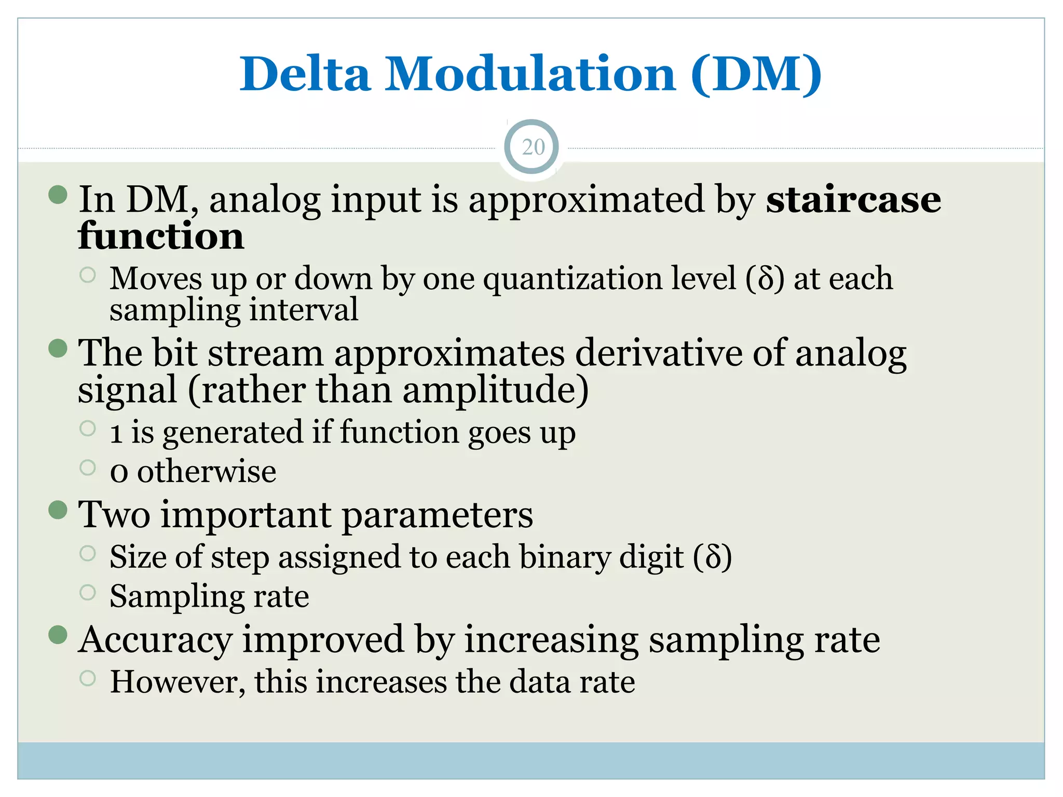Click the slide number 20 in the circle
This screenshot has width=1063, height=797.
click(533, 147)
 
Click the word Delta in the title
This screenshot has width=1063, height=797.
click(305, 74)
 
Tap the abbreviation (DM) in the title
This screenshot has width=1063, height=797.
click(756, 74)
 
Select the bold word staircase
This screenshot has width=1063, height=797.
click(853, 200)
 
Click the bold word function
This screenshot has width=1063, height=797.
click(161, 237)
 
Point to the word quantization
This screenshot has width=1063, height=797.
click(609, 279)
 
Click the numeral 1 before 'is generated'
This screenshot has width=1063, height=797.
click(116, 433)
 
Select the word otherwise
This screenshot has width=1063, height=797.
click(207, 472)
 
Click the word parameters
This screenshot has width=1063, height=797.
click(438, 515)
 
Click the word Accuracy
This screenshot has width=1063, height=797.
click(155, 639)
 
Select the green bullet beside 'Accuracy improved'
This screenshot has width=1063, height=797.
click(58, 635)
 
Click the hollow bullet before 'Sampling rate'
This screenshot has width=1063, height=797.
click(88, 592)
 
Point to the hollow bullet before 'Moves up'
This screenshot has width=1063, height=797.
click(88, 274)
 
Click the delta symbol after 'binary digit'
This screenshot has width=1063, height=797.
click(713, 557)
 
